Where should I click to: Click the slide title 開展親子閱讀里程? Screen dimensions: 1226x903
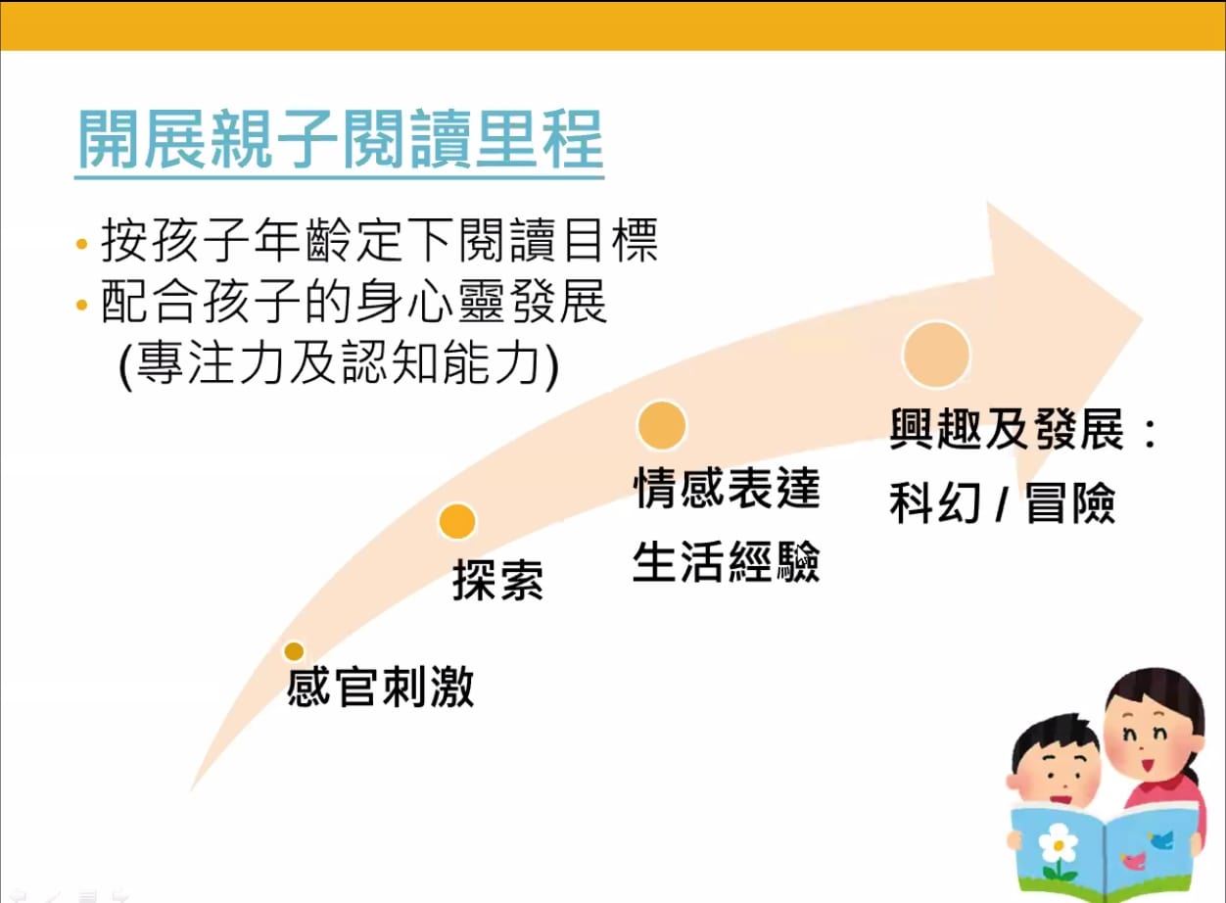tap(340, 139)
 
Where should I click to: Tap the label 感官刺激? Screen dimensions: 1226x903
tap(380, 687)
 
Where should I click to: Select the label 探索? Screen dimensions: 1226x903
tap(497, 580)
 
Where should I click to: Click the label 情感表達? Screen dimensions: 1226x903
tap(727, 488)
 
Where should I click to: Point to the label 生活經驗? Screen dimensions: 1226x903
tap(727, 561)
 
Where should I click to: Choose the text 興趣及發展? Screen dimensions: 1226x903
tap(1007, 429)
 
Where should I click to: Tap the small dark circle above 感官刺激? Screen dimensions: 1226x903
tap(294, 651)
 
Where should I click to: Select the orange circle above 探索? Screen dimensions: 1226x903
tap(457, 522)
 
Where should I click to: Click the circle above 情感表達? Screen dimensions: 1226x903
tap(661, 426)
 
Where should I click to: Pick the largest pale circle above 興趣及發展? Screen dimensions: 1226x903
tap(936, 355)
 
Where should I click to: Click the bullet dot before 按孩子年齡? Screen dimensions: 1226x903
tap(82, 244)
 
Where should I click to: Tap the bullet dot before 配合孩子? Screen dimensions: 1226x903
tap(82, 305)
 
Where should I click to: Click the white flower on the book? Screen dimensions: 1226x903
tap(1058, 846)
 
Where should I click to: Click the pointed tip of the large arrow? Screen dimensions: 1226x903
tap(1142, 317)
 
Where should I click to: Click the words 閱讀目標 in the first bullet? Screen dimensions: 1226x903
tap(557, 241)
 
